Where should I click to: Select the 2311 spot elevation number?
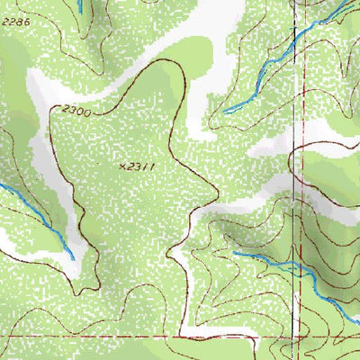pyautogui.click(x=139, y=166)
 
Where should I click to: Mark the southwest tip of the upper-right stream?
pyautogui.click(x=224, y=112)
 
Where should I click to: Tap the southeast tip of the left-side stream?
pyautogui.click(x=72, y=258)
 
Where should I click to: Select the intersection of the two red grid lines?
pyautogui.click(x=298, y=337)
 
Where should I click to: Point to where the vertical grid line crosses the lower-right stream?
pyautogui.click(x=298, y=267)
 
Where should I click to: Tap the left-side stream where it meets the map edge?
pyautogui.click(x=1, y=185)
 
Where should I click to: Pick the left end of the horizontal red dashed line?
pyautogui.click(x=1, y=337)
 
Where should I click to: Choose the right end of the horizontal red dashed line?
pyautogui.click(x=358, y=337)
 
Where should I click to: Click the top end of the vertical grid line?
pyautogui.click(x=299, y=1)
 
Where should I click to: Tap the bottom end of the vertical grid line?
pyautogui.click(x=298, y=358)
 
